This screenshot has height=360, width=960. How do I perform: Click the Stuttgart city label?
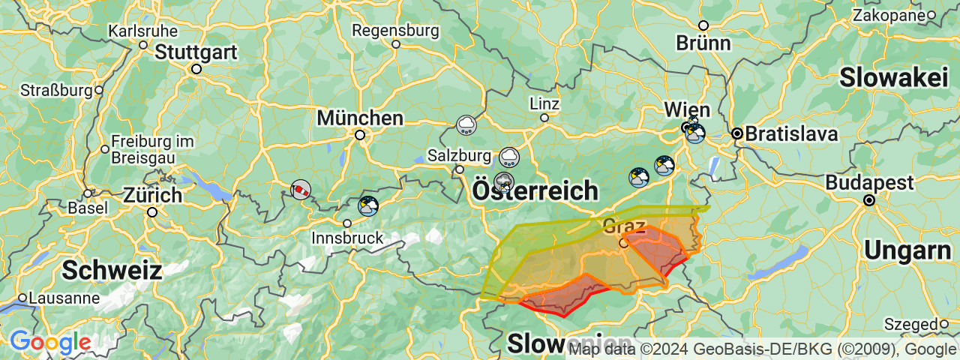coord(196,53)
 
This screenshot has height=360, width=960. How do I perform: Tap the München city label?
coord(360,118)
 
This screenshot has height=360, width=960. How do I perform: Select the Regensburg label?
coord(395,31)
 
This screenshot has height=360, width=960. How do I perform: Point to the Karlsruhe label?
coord(143,31)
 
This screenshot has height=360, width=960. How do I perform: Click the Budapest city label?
coord(870,183)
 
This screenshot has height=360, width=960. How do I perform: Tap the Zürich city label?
coord(152,196)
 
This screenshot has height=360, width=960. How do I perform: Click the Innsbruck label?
coord(347,238)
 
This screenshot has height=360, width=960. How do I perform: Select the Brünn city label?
coord(703,43)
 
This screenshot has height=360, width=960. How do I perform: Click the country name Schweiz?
coord(112,270)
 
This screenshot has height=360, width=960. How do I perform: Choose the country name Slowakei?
coord(894,77)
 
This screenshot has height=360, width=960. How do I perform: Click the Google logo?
coord(50,343)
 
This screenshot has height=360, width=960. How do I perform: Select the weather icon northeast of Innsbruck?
coord(368,205)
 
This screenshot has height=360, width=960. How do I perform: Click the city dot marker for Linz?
coord(544,117)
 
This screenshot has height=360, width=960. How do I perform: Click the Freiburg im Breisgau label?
coord(152,149)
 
